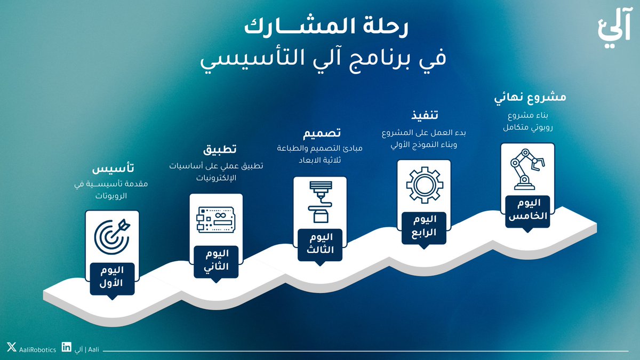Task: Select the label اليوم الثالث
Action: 321,243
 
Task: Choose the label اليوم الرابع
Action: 425,226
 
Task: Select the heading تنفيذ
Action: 425,115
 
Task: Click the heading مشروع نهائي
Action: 530,98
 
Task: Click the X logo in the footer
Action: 12,348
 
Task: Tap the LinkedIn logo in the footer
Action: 67,348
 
